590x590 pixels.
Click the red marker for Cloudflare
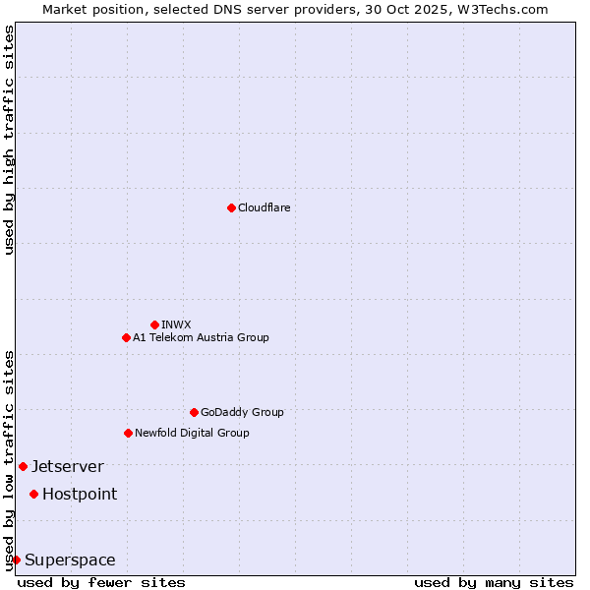231,207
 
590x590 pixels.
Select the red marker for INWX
154,324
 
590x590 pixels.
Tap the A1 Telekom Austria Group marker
126,337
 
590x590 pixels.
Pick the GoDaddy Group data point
194,412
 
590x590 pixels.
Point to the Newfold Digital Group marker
128,433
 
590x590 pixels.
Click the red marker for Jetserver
23,466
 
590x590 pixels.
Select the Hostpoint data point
33,494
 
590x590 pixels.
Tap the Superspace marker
16,560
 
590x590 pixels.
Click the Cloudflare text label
264,207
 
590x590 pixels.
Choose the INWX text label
176,324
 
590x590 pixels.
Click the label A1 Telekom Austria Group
201,337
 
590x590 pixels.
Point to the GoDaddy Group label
242,412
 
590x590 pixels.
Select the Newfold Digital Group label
192,433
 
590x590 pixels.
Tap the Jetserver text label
67,466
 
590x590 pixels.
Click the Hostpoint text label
79,494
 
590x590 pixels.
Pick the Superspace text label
70,560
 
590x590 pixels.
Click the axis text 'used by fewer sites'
101,582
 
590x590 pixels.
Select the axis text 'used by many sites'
494,582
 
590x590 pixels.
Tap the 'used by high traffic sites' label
9,140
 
